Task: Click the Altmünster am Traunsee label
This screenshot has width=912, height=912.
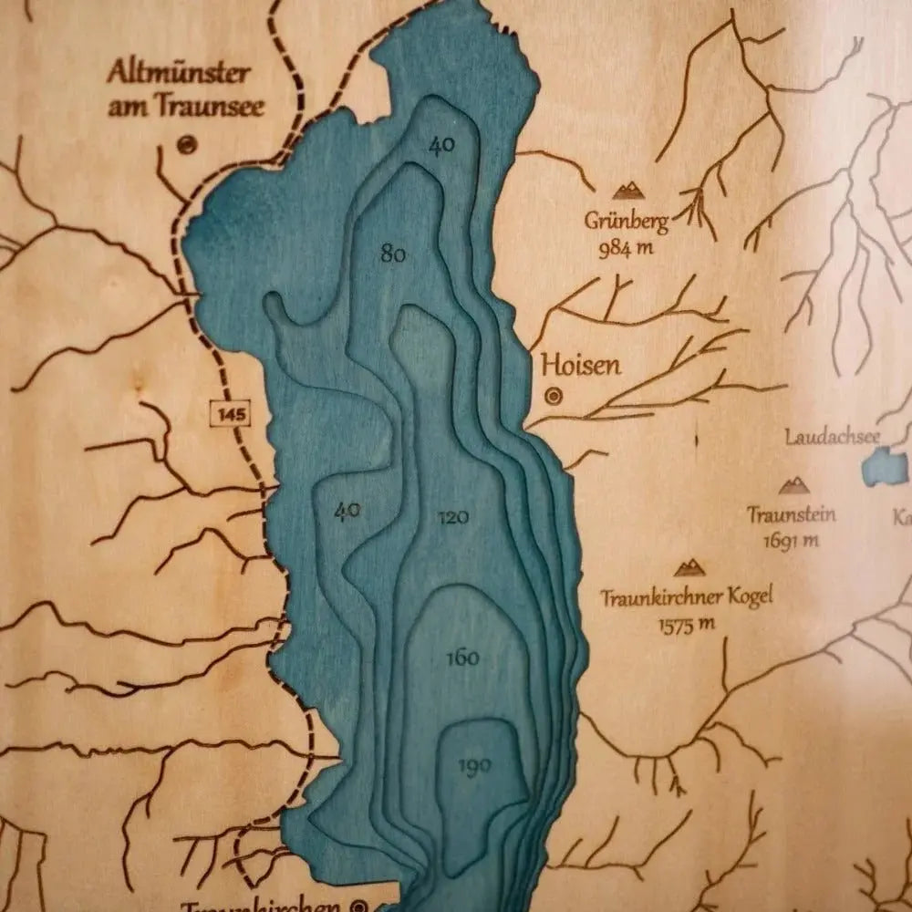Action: [186, 88]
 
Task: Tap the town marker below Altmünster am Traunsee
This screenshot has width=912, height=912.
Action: [187, 144]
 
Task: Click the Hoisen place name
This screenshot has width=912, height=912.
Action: [581, 366]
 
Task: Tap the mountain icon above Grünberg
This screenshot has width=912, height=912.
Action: [627, 191]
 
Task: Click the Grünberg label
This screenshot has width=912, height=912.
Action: [627, 220]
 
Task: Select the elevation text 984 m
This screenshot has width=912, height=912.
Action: [628, 247]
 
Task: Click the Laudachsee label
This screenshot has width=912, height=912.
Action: [833, 437]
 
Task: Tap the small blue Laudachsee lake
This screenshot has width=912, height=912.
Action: [883, 467]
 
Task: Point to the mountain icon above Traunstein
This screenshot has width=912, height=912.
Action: [793, 486]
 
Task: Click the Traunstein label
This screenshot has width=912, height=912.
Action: [791, 514]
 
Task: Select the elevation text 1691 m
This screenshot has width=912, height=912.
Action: [791, 541]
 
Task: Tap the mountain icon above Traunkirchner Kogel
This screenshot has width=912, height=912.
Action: [689, 568]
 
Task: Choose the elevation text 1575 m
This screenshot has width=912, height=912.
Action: [685, 625]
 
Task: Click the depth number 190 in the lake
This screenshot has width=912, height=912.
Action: [474, 765]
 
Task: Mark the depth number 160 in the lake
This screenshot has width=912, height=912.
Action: [463, 658]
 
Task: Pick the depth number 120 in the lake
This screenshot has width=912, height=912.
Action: [453, 518]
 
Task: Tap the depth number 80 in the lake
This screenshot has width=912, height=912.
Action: [393, 254]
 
